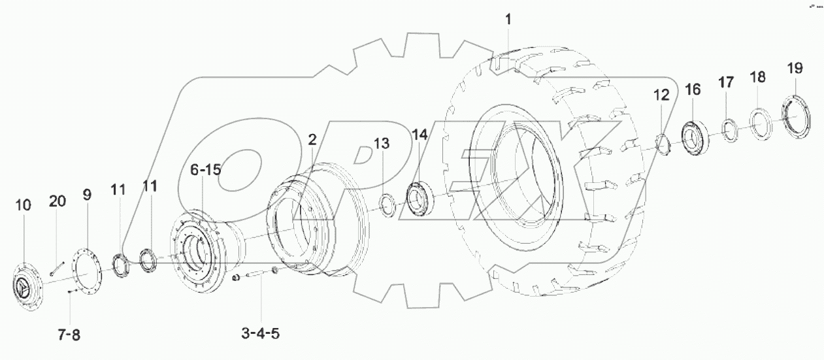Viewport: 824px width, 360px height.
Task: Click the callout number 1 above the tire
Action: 508,20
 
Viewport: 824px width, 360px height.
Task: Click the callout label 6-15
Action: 206,171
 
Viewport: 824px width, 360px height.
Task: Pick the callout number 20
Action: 57,202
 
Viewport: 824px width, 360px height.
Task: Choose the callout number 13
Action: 382,143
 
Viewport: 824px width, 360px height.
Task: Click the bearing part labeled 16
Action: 693,135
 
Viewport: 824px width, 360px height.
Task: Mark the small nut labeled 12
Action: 661,143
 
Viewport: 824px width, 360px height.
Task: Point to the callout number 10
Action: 23,206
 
